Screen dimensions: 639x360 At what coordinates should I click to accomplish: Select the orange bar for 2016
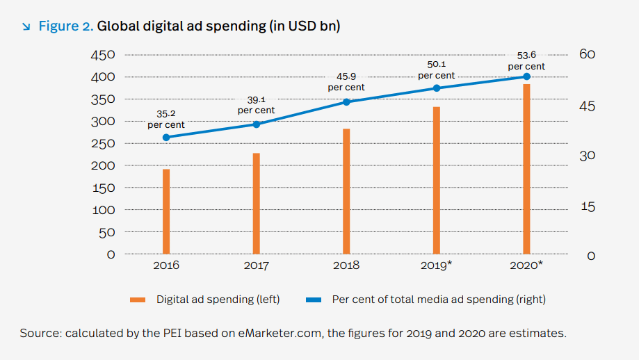click(x=166, y=211)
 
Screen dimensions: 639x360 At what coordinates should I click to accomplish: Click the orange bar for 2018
click(x=346, y=191)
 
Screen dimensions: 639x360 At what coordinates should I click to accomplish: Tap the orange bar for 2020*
click(x=526, y=169)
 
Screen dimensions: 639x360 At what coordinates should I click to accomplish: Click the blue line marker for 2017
click(x=257, y=124)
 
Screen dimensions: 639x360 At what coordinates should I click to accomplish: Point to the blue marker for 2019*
click(x=437, y=88)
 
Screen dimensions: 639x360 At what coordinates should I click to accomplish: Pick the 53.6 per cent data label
click(x=526, y=60)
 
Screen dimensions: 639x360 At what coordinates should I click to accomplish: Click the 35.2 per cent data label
click(x=166, y=120)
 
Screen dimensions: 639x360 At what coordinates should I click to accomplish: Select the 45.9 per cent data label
click(x=346, y=82)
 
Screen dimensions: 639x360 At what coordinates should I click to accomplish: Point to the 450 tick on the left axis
click(x=103, y=55)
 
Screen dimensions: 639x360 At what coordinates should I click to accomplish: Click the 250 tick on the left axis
click(x=103, y=143)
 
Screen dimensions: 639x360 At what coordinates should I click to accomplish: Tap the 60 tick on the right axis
click(x=588, y=54)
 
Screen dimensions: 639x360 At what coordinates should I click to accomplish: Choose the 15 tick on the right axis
click(x=588, y=207)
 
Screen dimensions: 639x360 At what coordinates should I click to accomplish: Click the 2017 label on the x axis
click(x=257, y=265)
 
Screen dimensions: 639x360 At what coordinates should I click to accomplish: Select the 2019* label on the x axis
click(x=437, y=265)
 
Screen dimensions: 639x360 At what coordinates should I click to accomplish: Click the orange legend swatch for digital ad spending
click(x=138, y=300)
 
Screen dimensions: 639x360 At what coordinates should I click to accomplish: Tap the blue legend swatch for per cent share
click(x=314, y=300)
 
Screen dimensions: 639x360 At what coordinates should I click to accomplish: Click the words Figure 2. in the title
click(x=66, y=26)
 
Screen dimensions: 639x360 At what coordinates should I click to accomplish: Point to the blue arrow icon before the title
click(x=26, y=27)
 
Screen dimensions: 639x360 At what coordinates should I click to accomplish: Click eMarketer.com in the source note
click(x=280, y=333)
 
